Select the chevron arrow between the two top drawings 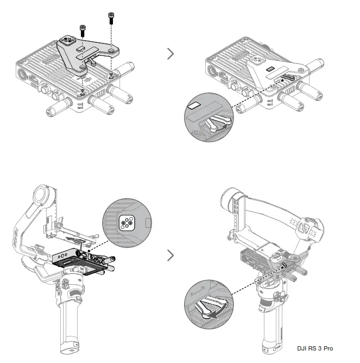tap(171, 53)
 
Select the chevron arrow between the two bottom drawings tap(171, 254)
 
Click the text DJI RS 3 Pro tap(323, 347)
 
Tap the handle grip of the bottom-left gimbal tap(73, 320)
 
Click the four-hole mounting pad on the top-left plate tap(70, 41)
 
